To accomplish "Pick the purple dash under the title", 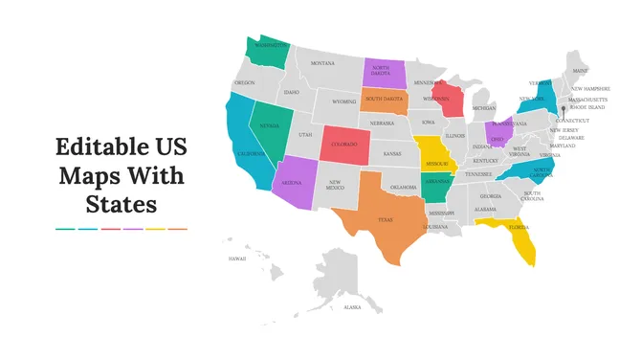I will pyautogui.click(x=133, y=229).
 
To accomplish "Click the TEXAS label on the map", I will pyautogui.click(x=385, y=219).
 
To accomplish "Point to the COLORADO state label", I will pyautogui.click(x=343, y=145).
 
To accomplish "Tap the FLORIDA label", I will pyautogui.click(x=519, y=228).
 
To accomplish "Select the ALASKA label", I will pyautogui.click(x=352, y=307).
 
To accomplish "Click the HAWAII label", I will pyautogui.click(x=236, y=258).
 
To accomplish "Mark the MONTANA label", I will pyautogui.click(x=322, y=63).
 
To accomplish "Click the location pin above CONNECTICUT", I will pyautogui.click(x=564, y=108).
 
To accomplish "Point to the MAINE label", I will pyautogui.click(x=580, y=71).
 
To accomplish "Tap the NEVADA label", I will pyautogui.click(x=270, y=125).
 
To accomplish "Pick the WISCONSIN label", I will pyautogui.click(x=437, y=98).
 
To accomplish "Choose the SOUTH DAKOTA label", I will pyautogui.click(x=384, y=100).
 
